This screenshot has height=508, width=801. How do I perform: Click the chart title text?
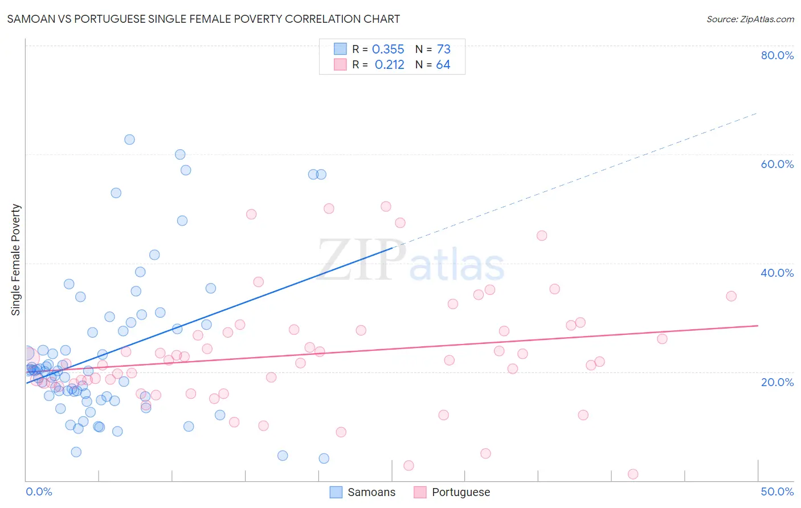[203, 19]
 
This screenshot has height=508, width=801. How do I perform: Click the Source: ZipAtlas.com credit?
[750, 19]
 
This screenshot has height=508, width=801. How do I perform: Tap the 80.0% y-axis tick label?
[777, 55]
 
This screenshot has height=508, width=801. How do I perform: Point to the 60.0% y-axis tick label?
[777, 164]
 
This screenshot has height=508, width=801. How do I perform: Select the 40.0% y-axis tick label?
[777, 273]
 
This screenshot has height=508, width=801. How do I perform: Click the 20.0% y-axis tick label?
[777, 382]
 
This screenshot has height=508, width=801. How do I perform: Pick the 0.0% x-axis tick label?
[39, 491]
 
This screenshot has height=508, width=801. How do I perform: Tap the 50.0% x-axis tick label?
[777, 491]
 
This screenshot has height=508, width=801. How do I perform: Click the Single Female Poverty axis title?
[15, 260]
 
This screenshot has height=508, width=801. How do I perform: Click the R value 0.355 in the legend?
[388, 50]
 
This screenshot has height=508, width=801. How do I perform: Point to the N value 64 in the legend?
[443, 65]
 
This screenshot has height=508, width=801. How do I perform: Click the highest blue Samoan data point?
[129, 140]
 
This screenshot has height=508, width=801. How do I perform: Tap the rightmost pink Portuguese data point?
[731, 296]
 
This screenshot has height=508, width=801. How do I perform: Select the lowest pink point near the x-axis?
[632, 474]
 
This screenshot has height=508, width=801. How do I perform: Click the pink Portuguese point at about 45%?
[541, 236]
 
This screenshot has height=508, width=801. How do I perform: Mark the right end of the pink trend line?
[758, 326]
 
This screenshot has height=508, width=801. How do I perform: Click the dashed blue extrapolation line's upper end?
[757, 113]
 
